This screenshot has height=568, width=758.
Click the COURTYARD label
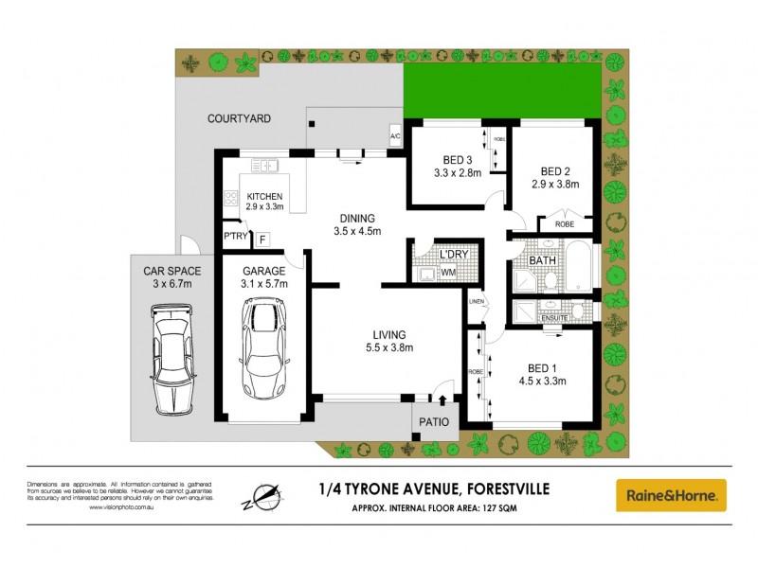240,119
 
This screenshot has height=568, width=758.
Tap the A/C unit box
396,137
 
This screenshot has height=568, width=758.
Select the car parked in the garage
263,347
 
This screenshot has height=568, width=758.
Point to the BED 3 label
458,158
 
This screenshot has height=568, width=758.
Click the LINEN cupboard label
477,302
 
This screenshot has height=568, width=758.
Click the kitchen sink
264,167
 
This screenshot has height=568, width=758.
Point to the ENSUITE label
553,318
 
